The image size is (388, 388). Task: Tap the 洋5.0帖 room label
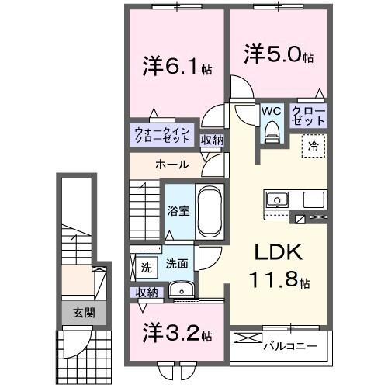pos(278,57)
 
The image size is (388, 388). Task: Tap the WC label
pos(271,111)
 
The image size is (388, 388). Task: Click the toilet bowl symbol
pos(271,133)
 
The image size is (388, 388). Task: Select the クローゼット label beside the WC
pos(307,116)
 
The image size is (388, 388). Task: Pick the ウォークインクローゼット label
pos(161,136)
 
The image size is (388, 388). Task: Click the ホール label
pos(170,165)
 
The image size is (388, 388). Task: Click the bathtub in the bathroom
pos(210,211)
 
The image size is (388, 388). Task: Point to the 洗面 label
pos(177,264)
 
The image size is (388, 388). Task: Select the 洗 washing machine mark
pos(146,268)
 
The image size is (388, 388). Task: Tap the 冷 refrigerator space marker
pos(314,144)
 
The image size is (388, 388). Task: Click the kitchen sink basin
pos(277,200)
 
